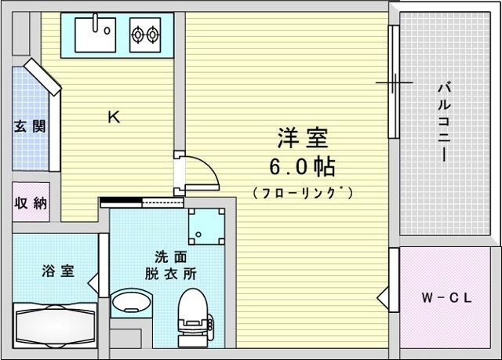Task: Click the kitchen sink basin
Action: pyautogui.click(x=95, y=35)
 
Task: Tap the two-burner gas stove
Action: pyautogui.click(x=145, y=35)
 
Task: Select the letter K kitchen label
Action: pyautogui.click(x=114, y=117)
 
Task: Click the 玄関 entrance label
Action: pyautogui.click(x=30, y=127)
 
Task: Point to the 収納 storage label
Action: pyautogui.click(x=31, y=203)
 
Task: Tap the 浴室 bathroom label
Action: pyautogui.click(x=58, y=271)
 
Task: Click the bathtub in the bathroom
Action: pyautogui.click(x=55, y=325)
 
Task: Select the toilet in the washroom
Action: pyautogui.click(x=195, y=318)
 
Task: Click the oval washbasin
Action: pyautogui.click(x=132, y=302)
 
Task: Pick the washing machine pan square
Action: pyautogui.click(x=206, y=226)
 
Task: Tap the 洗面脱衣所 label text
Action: pyautogui.click(x=171, y=265)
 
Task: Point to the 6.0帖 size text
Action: pyautogui.click(x=302, y=167)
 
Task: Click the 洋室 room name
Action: pyautogui.click(x=303, y=138)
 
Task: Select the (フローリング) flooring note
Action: pyautogui.click(x=303, y=193)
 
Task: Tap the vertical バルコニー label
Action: pyautogui.click(x=445, y=122)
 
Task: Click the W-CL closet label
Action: pyautogui.click(x=446, y=298)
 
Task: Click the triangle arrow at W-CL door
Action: pyautogui.click(x=383, y=298)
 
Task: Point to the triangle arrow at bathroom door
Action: pyautogui.click(x=93, y=283)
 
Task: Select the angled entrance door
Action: pyautogui.click(x=42, y=77)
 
